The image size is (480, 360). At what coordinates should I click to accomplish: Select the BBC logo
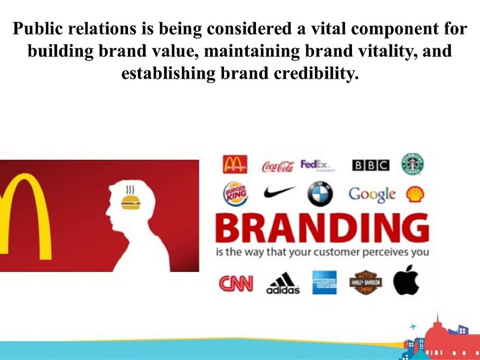(x=370, y=165)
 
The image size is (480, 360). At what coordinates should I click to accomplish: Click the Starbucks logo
(x=413, y=164)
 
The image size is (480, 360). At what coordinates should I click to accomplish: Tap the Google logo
(x=372, y=194)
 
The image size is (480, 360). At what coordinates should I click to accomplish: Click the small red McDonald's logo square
(x=235, y=164)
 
